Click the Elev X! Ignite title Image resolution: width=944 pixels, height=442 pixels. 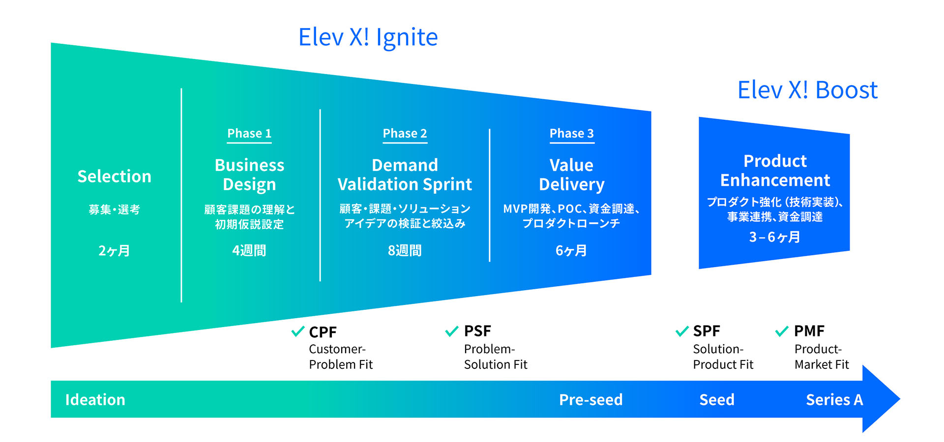[368, 37]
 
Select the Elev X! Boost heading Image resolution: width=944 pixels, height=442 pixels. [807, 90]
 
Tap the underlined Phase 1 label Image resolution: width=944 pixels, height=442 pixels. [249, 134]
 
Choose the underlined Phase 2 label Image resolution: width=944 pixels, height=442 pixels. [405, 134]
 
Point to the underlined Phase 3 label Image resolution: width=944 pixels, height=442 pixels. [572, 134]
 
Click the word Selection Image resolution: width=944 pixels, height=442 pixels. [115, 176]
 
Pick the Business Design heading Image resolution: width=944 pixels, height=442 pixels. [249, 174]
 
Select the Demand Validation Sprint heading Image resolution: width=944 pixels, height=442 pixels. [405, 174]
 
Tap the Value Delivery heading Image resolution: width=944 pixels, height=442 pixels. [571, 174]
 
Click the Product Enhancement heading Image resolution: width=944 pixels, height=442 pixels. [775, 170]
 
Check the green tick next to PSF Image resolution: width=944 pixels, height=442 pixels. [452, 331]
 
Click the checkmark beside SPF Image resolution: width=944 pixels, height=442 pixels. [682, 331]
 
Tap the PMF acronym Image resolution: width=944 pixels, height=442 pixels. [809, 331]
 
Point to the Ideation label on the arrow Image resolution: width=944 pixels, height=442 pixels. [95, 400]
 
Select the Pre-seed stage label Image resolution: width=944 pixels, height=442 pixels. [591, 400]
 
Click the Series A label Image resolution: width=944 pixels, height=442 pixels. [834, 400]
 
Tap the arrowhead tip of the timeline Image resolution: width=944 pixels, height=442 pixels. [899, 399]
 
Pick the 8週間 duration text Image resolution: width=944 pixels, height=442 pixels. [405, 250]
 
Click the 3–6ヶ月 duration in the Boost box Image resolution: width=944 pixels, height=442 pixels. [774, 237]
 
